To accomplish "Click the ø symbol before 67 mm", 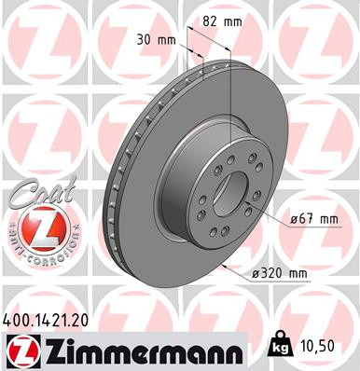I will [292, 219].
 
